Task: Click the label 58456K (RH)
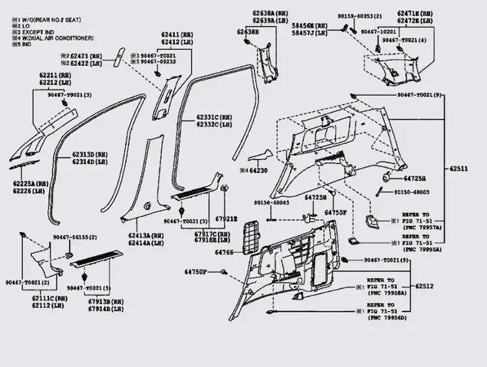click(310, 25)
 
